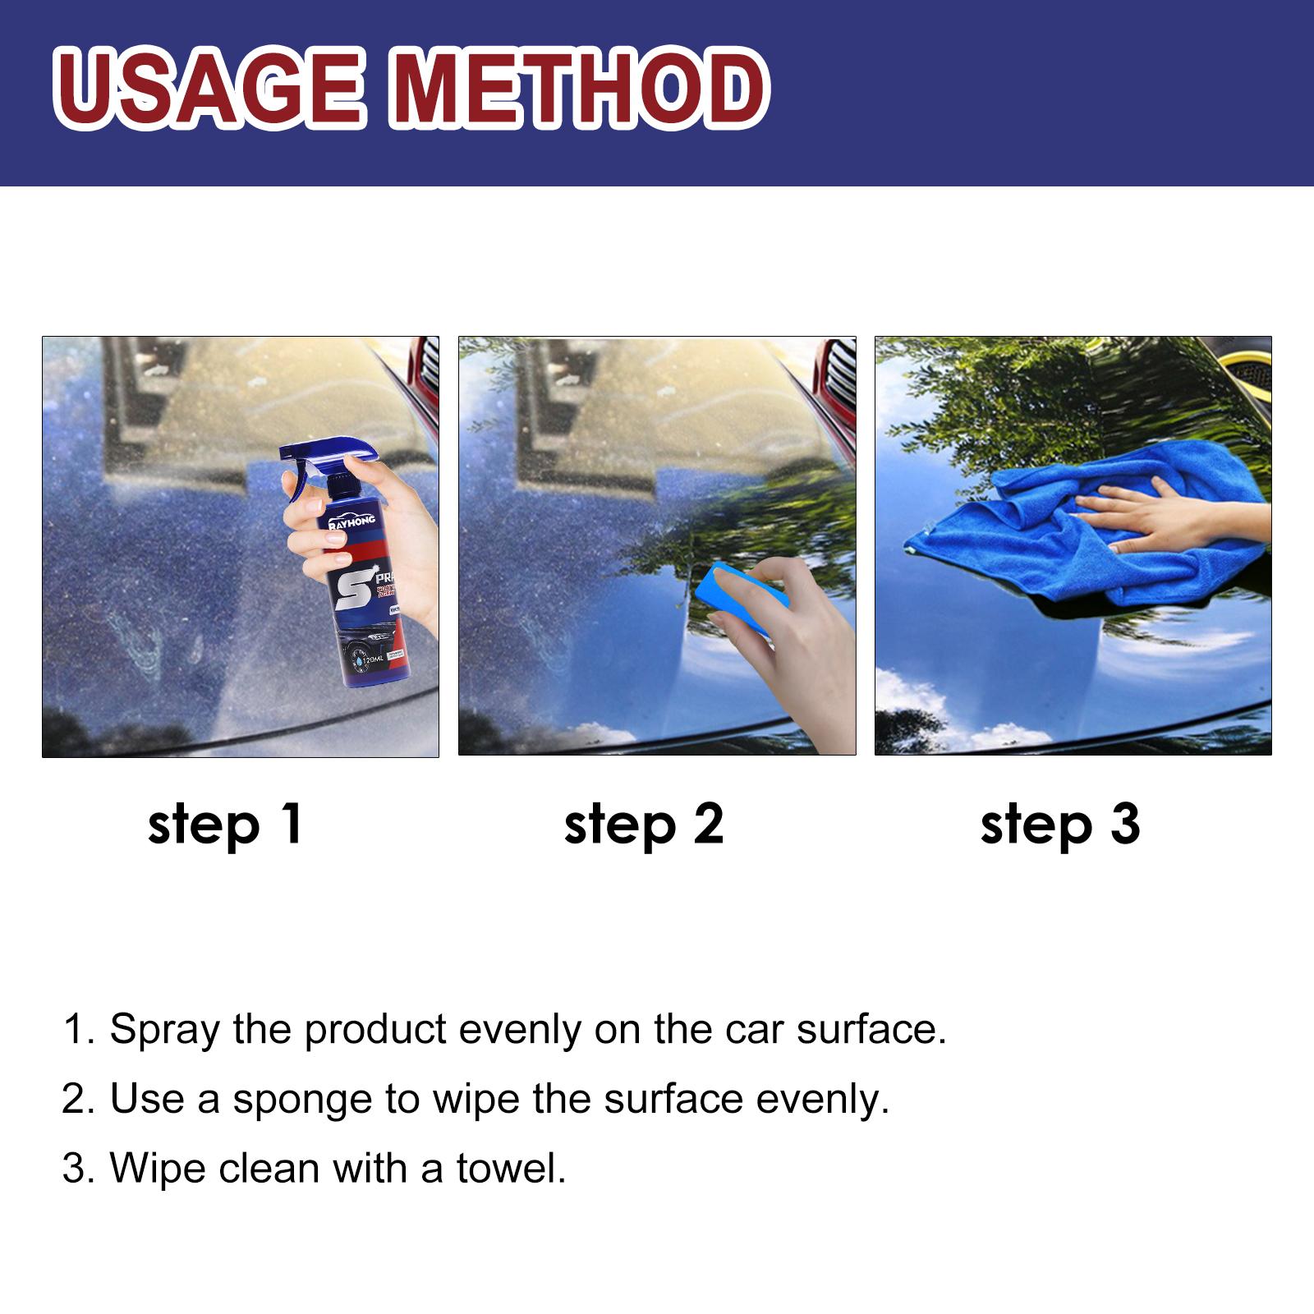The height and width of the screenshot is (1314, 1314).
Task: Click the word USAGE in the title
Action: [x=209, y=89]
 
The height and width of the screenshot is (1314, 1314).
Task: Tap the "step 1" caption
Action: [x=225, y=825]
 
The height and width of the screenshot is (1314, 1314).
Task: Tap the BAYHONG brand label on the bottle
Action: [x=352, y=521]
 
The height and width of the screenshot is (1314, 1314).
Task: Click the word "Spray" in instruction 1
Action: [x=164, y=1030]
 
